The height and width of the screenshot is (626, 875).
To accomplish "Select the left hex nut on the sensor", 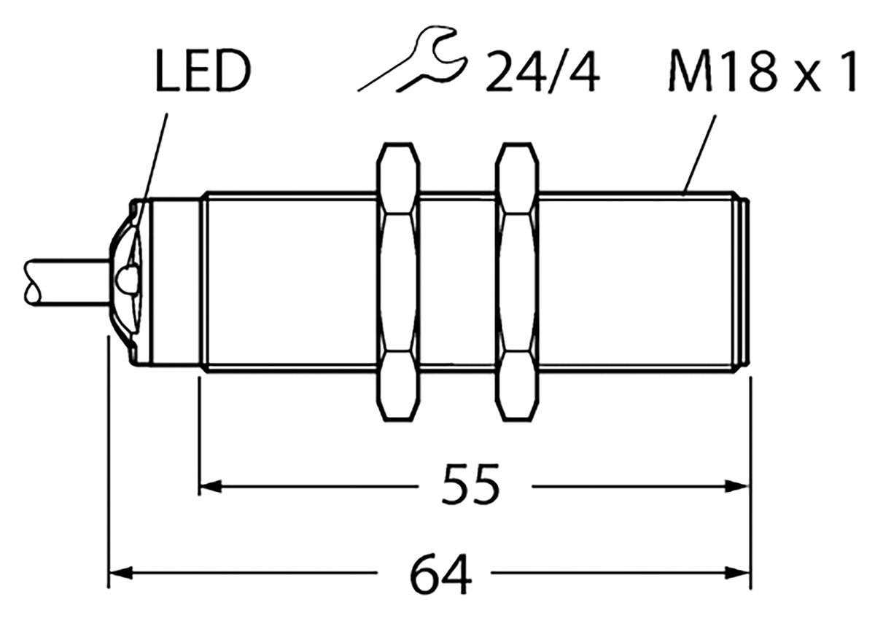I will (x=398, y=283).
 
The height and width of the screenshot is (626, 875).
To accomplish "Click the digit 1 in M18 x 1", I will (x=846, y=71).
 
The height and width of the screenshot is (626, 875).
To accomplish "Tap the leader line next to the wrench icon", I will (x=379, y=80).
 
